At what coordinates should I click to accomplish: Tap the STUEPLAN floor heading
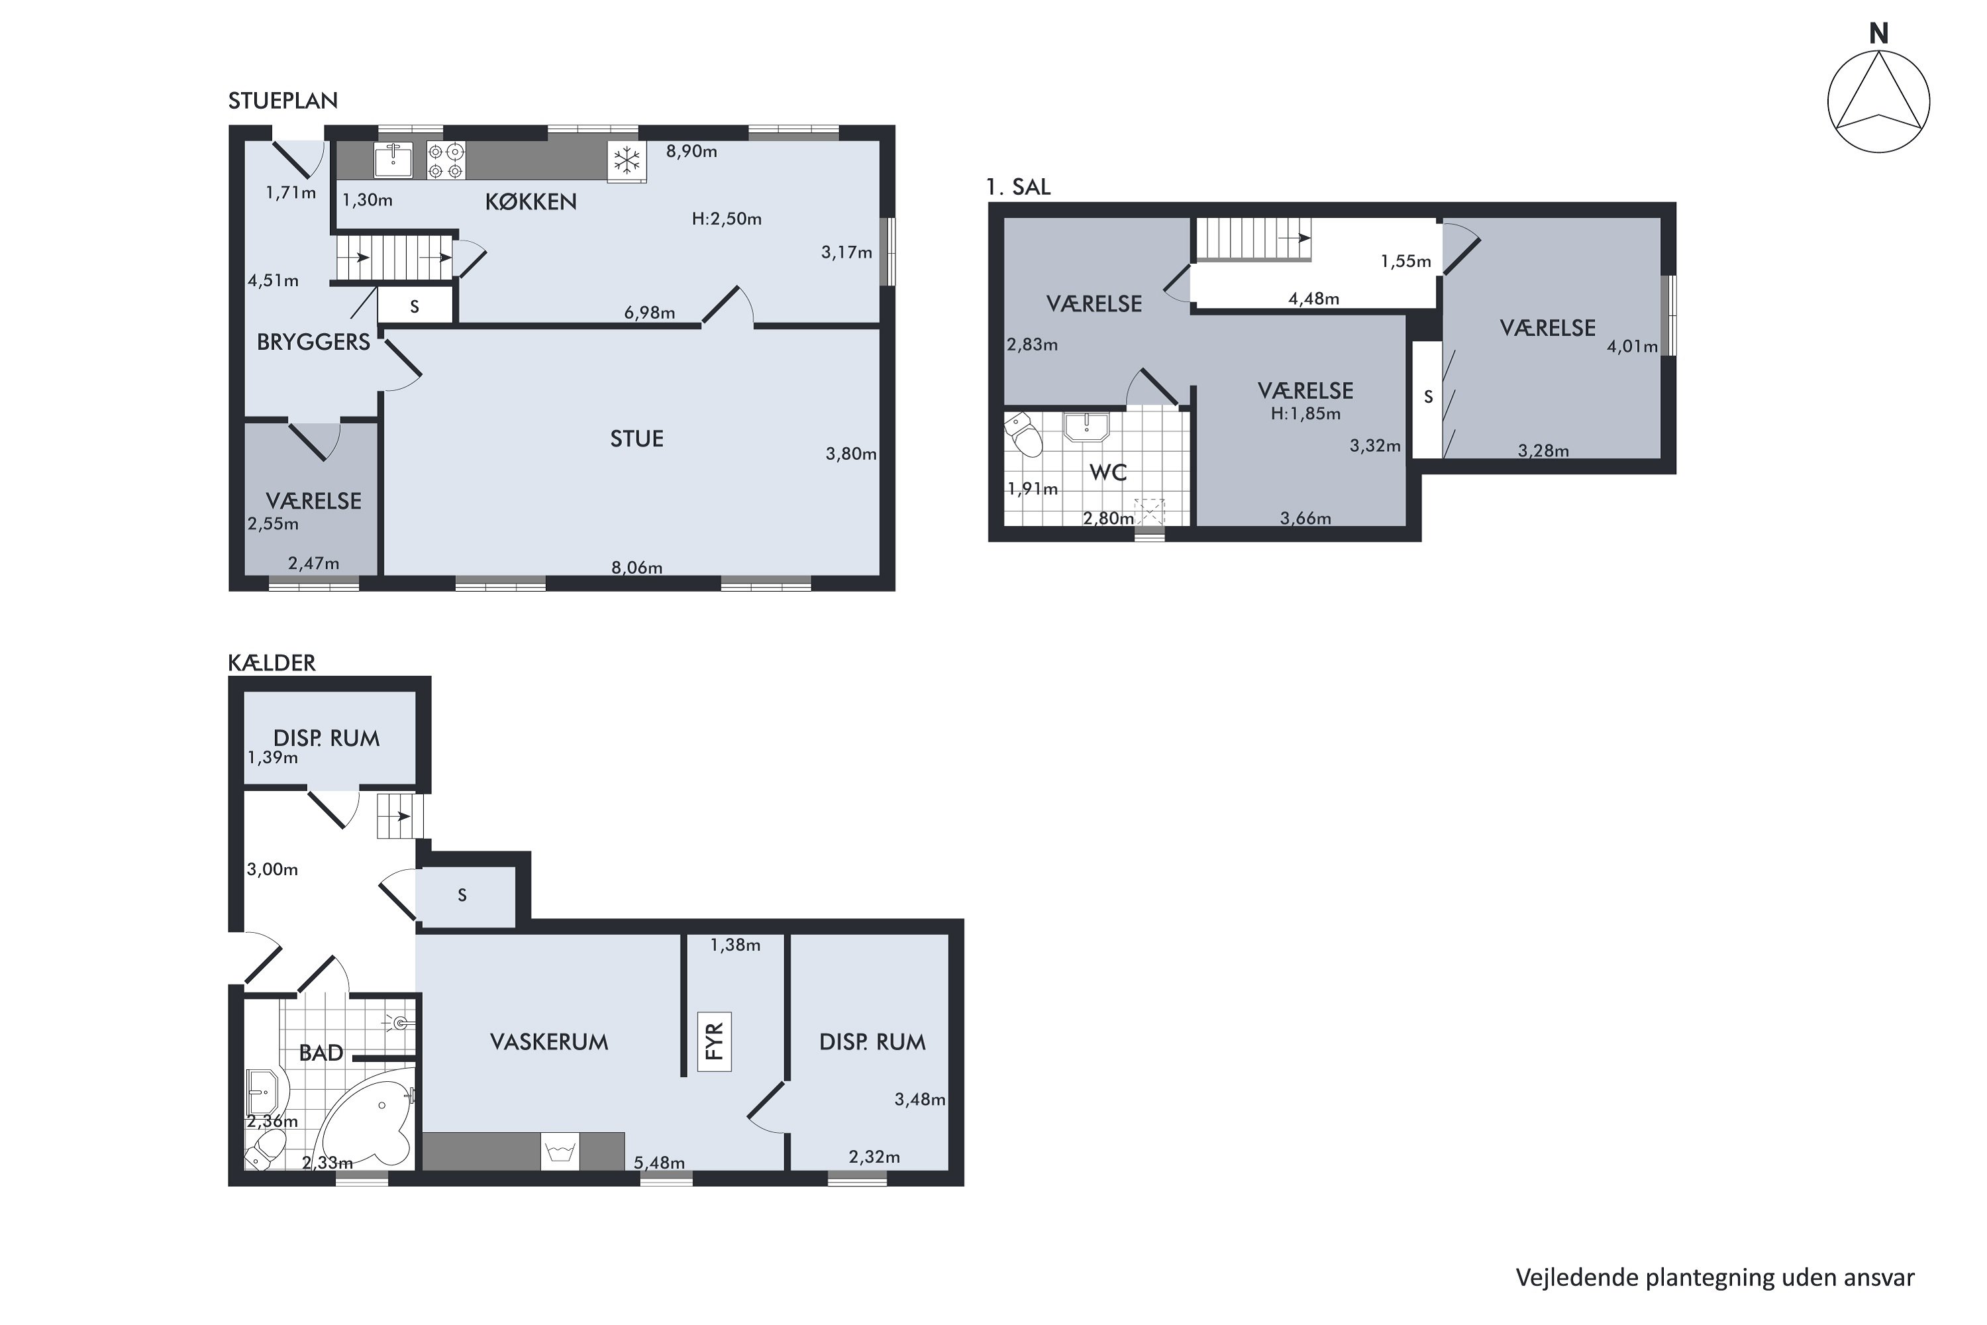point(283,101)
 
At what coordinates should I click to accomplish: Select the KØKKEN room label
point(531,201)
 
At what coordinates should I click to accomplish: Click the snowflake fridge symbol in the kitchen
point(627,160)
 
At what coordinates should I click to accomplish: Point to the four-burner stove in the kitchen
point(445,160)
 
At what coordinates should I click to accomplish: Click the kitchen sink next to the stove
point(393,160)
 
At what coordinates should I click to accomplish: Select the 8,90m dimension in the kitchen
point(691,151)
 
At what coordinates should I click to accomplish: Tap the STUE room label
point(637,439)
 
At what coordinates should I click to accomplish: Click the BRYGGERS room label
point(313,343)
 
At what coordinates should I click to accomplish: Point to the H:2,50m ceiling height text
point(727,219)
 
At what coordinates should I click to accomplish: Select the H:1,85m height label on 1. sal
point(1305,414)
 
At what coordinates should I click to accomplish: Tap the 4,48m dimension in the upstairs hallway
point(1313,298)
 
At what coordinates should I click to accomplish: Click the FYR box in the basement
point(714,1042)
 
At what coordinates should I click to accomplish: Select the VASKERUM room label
point(549,1042)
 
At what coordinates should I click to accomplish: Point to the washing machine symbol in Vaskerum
point(561,1151)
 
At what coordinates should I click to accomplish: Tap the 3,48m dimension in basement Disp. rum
point(919,1099)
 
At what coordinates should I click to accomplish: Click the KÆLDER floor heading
point(271,662)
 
